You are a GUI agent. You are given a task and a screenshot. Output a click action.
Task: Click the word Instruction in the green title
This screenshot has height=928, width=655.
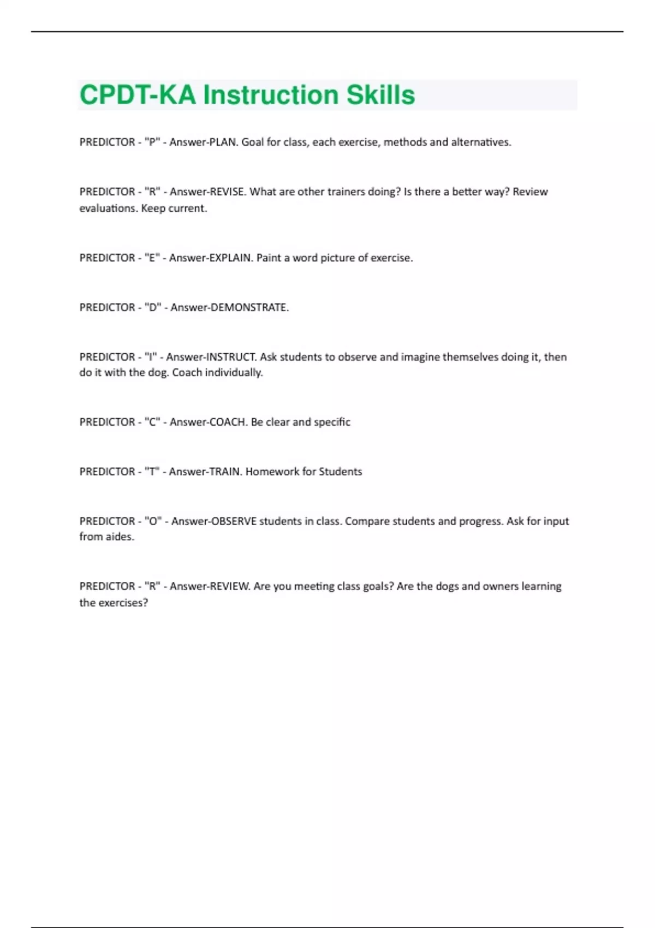click(271, 95)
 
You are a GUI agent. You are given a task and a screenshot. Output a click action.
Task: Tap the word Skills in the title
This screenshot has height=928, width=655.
click(380, 95)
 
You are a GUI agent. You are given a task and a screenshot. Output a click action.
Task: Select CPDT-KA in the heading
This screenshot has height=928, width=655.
click(138, 95)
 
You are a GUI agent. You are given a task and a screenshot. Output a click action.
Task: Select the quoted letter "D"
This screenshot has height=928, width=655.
click(153, 308)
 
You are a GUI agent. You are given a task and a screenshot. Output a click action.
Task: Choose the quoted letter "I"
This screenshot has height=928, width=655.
click(151, 357)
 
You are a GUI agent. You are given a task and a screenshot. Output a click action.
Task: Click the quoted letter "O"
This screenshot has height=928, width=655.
click(153, 521)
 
